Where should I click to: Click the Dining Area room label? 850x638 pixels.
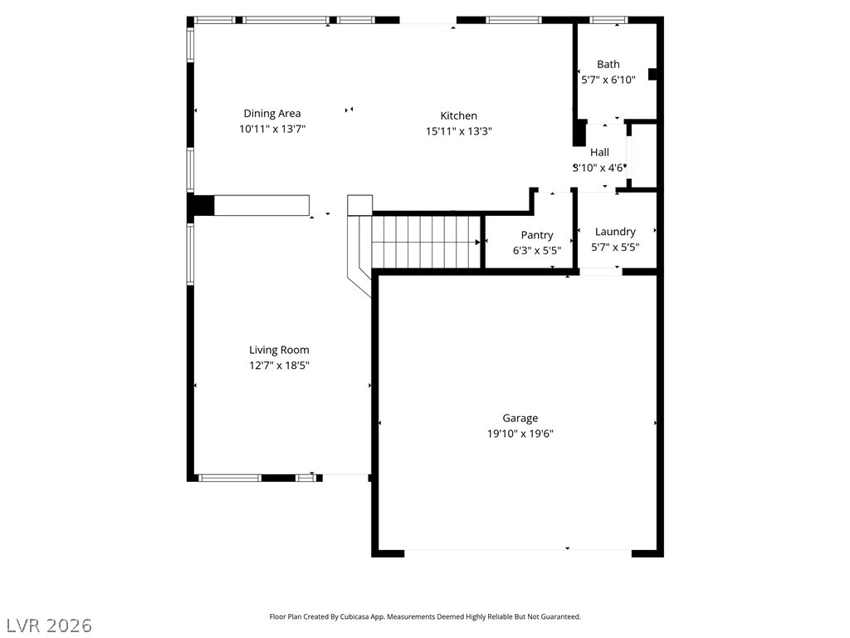[x=272, y=113]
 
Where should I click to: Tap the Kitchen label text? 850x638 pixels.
[x=458, y=115]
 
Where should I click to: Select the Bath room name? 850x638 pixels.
[x=608, y=64]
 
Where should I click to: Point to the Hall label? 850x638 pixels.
[x=599, y=153]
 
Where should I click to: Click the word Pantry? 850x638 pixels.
[x=537, y=235]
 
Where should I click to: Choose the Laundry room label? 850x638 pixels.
[x=615, y=232]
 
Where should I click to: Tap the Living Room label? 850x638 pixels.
[x=279, y=350]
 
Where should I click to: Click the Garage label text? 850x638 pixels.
[x=520, y=419]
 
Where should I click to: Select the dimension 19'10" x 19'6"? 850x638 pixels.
[x=520, y=434]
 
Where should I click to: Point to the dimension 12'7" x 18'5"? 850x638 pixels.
[x=279, y=366]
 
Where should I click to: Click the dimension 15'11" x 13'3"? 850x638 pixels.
[x=458, y=130]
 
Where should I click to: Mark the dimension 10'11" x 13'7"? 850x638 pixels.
[x=272, y=129]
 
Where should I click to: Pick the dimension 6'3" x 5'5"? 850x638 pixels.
[x=537, y=250]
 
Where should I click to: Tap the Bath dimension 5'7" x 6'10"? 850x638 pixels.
[x=608, y=80]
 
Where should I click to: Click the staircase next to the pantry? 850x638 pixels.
[x=427, y=242]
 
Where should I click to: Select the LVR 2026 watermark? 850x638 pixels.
[x=46, y=626]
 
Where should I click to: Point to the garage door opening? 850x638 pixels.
[x=518, y=553]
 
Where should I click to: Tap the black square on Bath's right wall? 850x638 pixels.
[x=652, y=74]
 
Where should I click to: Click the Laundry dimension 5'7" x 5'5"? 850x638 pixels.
[x=615, y=247]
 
